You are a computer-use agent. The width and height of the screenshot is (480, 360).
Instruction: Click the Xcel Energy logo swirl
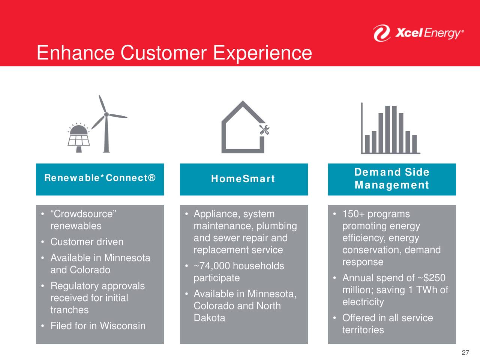382,33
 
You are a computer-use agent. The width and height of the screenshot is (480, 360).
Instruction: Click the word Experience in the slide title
262,53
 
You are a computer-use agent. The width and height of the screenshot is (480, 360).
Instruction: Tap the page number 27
465,352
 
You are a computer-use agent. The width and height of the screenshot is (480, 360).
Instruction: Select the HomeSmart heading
243,178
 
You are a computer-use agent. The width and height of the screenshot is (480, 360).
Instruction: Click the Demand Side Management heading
392,178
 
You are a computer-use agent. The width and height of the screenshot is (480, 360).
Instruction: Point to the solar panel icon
78,137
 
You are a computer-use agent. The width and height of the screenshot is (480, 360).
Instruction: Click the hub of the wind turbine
106,114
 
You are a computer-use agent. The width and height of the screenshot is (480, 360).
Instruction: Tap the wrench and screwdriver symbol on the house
264,130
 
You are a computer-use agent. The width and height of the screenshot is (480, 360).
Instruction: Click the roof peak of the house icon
243,102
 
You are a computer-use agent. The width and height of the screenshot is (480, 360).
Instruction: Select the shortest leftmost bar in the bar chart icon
367,144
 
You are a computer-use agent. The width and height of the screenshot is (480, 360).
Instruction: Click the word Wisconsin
123,325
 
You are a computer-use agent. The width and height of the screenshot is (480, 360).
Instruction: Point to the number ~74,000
212,266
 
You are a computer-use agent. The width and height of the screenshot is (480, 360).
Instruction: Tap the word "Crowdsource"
83,214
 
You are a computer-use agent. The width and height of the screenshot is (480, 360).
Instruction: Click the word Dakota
209,318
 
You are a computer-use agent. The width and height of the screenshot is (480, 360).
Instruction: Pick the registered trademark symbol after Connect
152,178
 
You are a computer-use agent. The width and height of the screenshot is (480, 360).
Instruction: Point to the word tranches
69,310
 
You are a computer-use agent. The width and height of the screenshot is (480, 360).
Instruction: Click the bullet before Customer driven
43,242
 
